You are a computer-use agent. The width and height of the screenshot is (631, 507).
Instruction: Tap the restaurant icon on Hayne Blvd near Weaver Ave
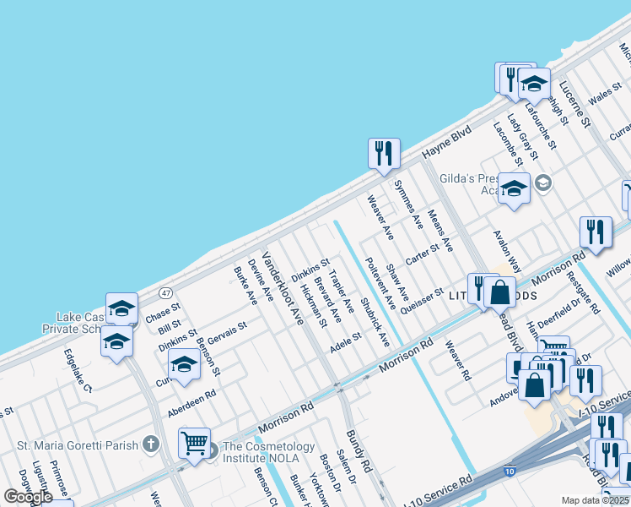point(384,153)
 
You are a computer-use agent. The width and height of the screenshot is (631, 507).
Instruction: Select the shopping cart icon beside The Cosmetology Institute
point(194,442)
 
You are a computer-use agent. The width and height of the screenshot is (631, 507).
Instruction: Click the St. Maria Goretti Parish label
point(78,444)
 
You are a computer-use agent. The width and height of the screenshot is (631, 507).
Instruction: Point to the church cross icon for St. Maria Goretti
point(150,444)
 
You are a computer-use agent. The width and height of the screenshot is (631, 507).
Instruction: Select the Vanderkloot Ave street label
point(282,288)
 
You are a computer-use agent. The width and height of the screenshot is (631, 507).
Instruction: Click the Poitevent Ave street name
point(378,282)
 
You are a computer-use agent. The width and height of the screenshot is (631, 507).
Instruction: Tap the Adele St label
point(345,341)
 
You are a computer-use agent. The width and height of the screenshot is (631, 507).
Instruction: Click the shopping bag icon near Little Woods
point(500,292)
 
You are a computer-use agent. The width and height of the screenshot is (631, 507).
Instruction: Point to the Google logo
point(28,497)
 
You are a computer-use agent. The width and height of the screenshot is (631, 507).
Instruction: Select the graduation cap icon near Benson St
point(183,364)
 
